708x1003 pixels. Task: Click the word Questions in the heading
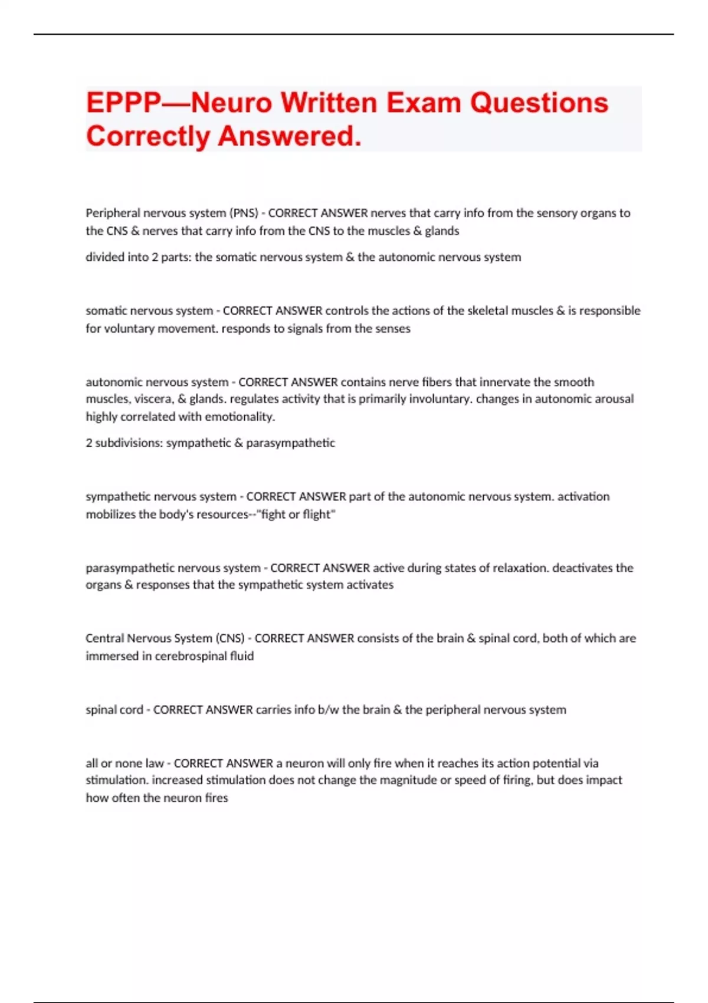pos(539,103)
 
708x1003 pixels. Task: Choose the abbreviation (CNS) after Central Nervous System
pos(230,638)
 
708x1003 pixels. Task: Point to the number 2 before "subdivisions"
pos(89,443)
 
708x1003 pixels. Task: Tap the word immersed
pos(112,656)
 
